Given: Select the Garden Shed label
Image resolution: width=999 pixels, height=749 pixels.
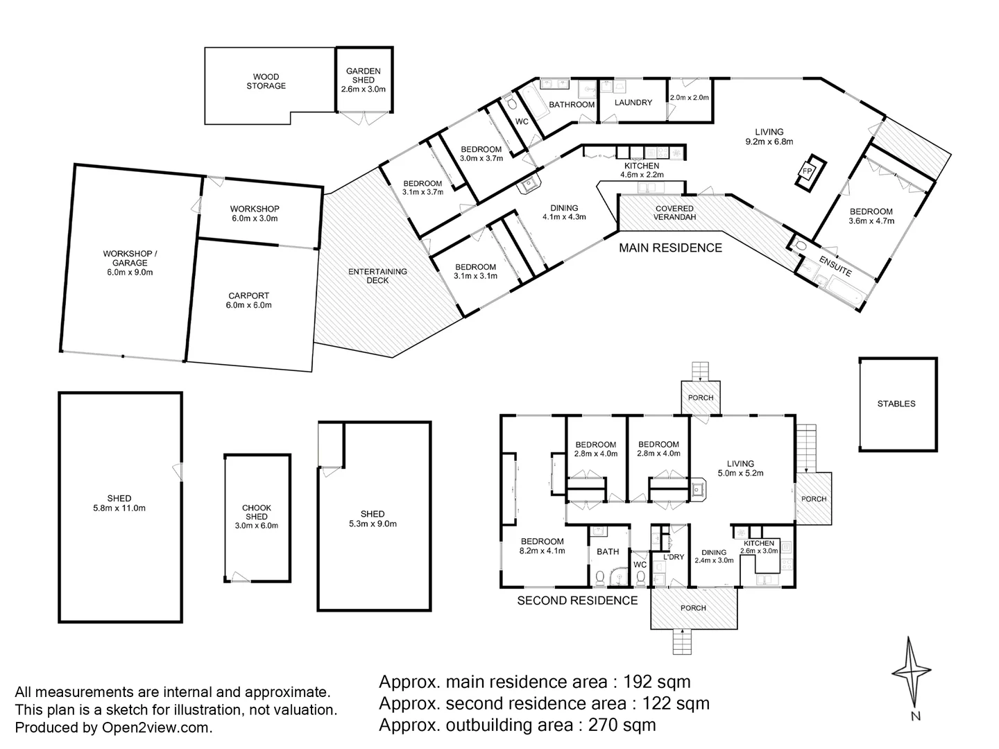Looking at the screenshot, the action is (x=364, y=71).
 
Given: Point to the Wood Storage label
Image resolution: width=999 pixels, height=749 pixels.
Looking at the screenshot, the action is (x=266, y=81).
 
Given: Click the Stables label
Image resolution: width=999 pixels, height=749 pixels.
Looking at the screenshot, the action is (x=896, y=403).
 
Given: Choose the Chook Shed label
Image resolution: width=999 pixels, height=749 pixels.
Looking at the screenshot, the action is (x=256, y=512).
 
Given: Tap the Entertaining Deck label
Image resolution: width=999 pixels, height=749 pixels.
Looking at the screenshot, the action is (x=377, y=275).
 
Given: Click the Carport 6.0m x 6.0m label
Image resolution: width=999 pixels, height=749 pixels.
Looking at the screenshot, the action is (x=248, y=300).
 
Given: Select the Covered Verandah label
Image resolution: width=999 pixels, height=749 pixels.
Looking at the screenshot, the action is (x=674, y=212).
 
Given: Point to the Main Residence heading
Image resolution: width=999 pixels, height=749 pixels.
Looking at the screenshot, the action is (x=670, y=248).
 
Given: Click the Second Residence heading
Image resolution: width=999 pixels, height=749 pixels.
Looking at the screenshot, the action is (x=577, y=601).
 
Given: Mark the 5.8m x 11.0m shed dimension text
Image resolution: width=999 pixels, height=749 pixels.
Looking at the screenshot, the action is (x=119, y=508).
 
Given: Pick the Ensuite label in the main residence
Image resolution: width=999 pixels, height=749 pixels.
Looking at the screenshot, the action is (x=835, y=266).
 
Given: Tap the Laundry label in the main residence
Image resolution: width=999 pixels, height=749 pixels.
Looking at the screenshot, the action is (x=633, y=103).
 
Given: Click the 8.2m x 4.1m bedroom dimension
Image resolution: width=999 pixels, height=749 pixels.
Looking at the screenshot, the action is (x=543, y=551).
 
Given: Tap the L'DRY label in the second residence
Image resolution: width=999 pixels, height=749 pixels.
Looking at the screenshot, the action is (x=674, y=557).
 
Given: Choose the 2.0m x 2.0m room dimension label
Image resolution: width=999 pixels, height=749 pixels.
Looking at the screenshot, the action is (x=690, y=98).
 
